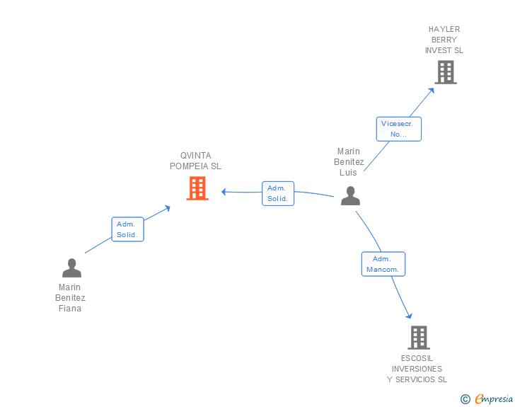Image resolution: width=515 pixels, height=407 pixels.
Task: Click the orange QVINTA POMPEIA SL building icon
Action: tap(197, 188)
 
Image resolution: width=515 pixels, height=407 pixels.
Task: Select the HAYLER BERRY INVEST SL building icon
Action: tap(446, 72)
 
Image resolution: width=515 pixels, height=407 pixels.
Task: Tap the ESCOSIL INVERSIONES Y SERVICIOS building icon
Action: tap(419, 338)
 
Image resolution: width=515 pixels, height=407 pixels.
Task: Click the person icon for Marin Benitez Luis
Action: tap(350, 196)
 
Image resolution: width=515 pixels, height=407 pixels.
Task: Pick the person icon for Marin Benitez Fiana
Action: tap(71, 268)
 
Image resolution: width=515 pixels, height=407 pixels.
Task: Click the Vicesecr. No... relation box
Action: tap(399, 129)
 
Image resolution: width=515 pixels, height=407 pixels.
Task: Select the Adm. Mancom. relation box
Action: tap(383, 264)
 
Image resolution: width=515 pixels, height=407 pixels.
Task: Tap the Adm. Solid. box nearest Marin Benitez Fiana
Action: tap(128, 229)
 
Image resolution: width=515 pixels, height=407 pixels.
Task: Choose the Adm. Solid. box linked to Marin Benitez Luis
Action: tap(278, 194)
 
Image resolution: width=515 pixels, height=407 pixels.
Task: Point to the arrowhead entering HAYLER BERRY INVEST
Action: tap(432, 91)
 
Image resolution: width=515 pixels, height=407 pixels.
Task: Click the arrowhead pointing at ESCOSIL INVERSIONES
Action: tap(409, 316)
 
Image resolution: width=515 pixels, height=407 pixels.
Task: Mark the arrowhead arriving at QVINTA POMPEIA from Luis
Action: tap(224, 192)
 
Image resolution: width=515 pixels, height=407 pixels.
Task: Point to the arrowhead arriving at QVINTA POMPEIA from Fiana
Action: tap(168, 208)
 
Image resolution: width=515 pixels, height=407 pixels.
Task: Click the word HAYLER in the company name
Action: tap(444, 29)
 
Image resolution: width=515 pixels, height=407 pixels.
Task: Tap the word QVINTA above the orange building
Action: tap(196, 156)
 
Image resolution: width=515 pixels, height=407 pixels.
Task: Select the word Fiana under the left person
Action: tap(70, 309)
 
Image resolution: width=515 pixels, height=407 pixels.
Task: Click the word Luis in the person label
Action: tap(348, 173)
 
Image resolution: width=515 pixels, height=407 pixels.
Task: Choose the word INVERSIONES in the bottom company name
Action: tap(417, 369)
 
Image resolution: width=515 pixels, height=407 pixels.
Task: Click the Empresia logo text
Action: tap(494, 399)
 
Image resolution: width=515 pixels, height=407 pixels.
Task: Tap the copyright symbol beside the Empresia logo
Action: tap(465, 399)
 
